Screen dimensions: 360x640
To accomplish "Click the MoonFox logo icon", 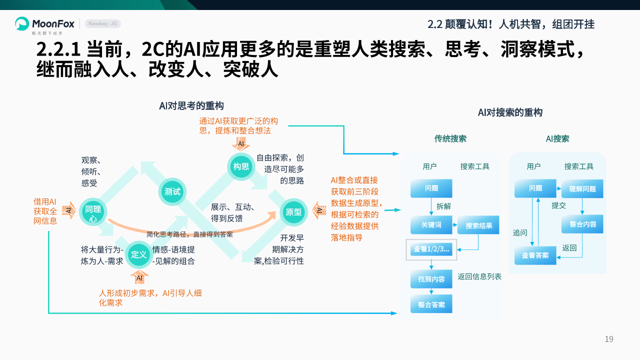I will [x=22, y=23].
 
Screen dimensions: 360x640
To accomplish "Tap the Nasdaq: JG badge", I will [x=102, y=23].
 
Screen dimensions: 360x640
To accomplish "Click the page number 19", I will [x=608, y=339].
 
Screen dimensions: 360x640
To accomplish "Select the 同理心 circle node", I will [x=93, y=211].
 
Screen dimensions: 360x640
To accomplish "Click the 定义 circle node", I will [x=138, y=254].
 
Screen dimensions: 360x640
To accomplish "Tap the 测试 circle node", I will [x=172, y=191].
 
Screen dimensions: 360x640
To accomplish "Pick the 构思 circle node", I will [x=241, y=166].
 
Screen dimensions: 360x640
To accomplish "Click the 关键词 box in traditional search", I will [x=431, y=225].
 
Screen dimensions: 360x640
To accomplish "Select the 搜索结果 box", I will [x=478, y=225].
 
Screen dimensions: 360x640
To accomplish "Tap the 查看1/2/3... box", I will [x=431, y=249].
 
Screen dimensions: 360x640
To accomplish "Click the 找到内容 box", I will [x=431, y=279].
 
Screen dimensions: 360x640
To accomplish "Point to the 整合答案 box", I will [x=431, y=304].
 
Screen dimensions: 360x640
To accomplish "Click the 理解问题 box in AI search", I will [x=582, y=189].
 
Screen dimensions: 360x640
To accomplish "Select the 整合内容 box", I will [x=582, y=224].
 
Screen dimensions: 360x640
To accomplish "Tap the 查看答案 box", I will [x=535, y=255].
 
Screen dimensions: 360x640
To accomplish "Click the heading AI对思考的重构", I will [x=191, y=105].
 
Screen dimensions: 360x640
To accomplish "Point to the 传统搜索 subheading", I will [x=450, y=138].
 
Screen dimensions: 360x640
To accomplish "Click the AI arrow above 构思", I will [x=241, y=144].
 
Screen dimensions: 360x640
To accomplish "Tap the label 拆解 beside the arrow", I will [x=443, y=206].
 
